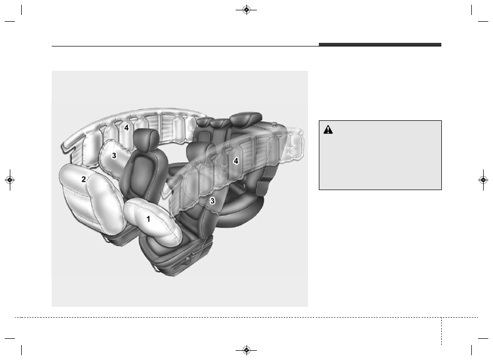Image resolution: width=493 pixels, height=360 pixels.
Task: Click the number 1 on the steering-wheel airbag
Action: pos(148,219)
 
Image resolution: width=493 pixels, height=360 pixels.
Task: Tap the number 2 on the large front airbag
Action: pos(84,179)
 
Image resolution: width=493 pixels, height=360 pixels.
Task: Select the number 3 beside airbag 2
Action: pos(114,155)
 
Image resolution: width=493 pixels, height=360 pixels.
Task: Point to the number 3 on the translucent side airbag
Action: pos(212,201)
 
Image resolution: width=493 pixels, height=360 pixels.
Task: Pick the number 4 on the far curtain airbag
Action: pos(127,128)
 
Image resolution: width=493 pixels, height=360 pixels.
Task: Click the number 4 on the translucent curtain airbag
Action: pos(236,161)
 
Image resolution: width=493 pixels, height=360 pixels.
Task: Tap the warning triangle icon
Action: pos(328,130)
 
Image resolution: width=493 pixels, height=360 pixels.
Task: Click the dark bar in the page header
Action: pos(380,44)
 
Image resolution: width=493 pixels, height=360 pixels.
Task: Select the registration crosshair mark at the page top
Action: pos(246,10)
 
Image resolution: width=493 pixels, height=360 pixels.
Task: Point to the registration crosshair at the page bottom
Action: pos(246,350)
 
